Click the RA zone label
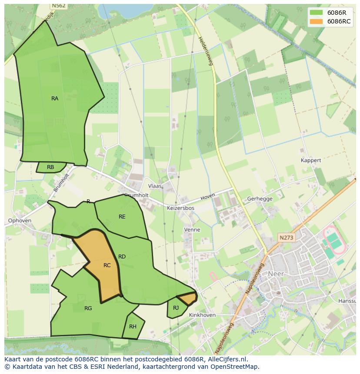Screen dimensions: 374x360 click(55, 99)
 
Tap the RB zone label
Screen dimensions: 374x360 click(50, 167)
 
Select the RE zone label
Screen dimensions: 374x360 click(122, 216)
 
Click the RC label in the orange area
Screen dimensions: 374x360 click(107, 265)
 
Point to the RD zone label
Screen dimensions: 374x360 click(122, 257)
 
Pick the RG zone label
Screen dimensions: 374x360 click(88, 308)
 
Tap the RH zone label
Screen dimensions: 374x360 click(133, 327)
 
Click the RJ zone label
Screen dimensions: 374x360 click(176, 308)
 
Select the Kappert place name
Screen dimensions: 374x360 click(311, 160)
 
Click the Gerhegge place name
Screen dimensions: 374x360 click(260, 199)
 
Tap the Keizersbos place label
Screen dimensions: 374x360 click(180, 208)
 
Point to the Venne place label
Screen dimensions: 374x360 click(192, 230)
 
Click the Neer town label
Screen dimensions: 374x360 click(276, 274)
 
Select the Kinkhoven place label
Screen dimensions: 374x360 click(202, 315)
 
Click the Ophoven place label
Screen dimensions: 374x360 click(20, 221)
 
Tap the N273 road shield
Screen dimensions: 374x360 click(287, 238)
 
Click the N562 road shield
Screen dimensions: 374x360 click(58, 6)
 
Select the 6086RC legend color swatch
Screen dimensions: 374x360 click(317, 21)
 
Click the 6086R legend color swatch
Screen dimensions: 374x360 click(317, 13)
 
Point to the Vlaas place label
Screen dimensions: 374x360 click(154, 186)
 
